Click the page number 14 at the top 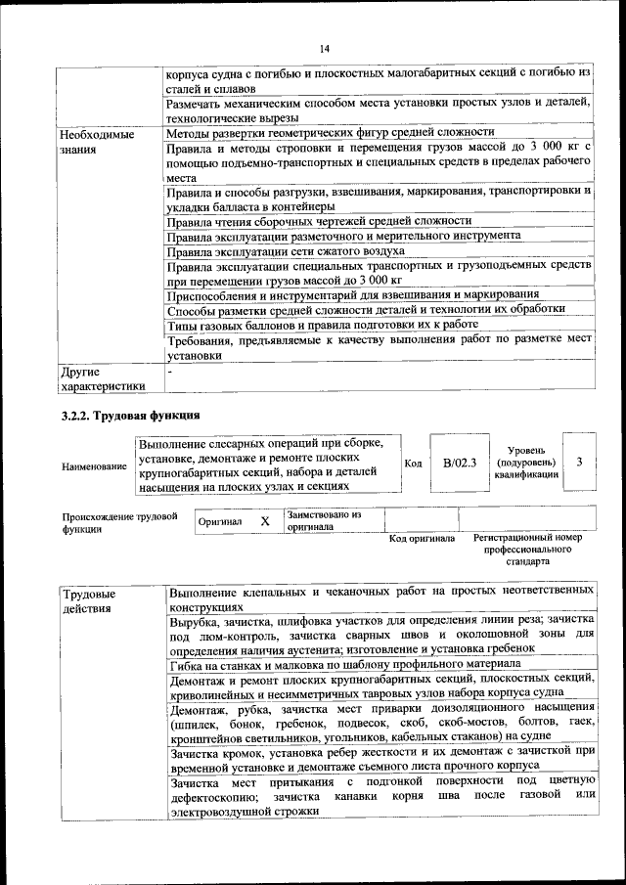click(325, 49)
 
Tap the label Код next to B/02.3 click(413, 463)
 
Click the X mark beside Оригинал click(264, 521)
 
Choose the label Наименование click(94, 466)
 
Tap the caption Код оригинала click(422, 538)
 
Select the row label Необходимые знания click(96, 142)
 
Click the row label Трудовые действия click(89, 600)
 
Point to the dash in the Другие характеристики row click(169, 372)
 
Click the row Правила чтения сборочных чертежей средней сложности click(319, 221)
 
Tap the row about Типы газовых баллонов click(322, 326)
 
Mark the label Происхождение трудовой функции click(118, 521)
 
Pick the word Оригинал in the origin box click(220, 522)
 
